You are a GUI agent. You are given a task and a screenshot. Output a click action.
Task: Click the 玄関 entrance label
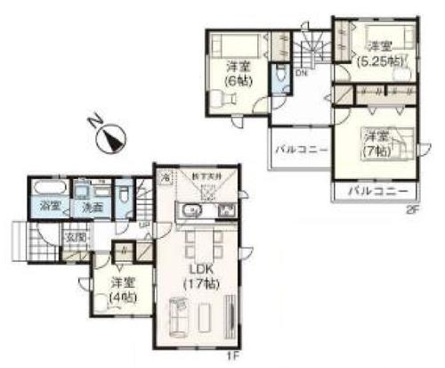(x=74, y=238)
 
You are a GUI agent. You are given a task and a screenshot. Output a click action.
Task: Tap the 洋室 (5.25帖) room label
(x=380, y=53)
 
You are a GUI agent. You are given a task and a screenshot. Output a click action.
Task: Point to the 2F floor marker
(x=411, y=210)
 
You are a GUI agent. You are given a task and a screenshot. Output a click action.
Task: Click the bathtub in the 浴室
(x=45, y=190)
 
